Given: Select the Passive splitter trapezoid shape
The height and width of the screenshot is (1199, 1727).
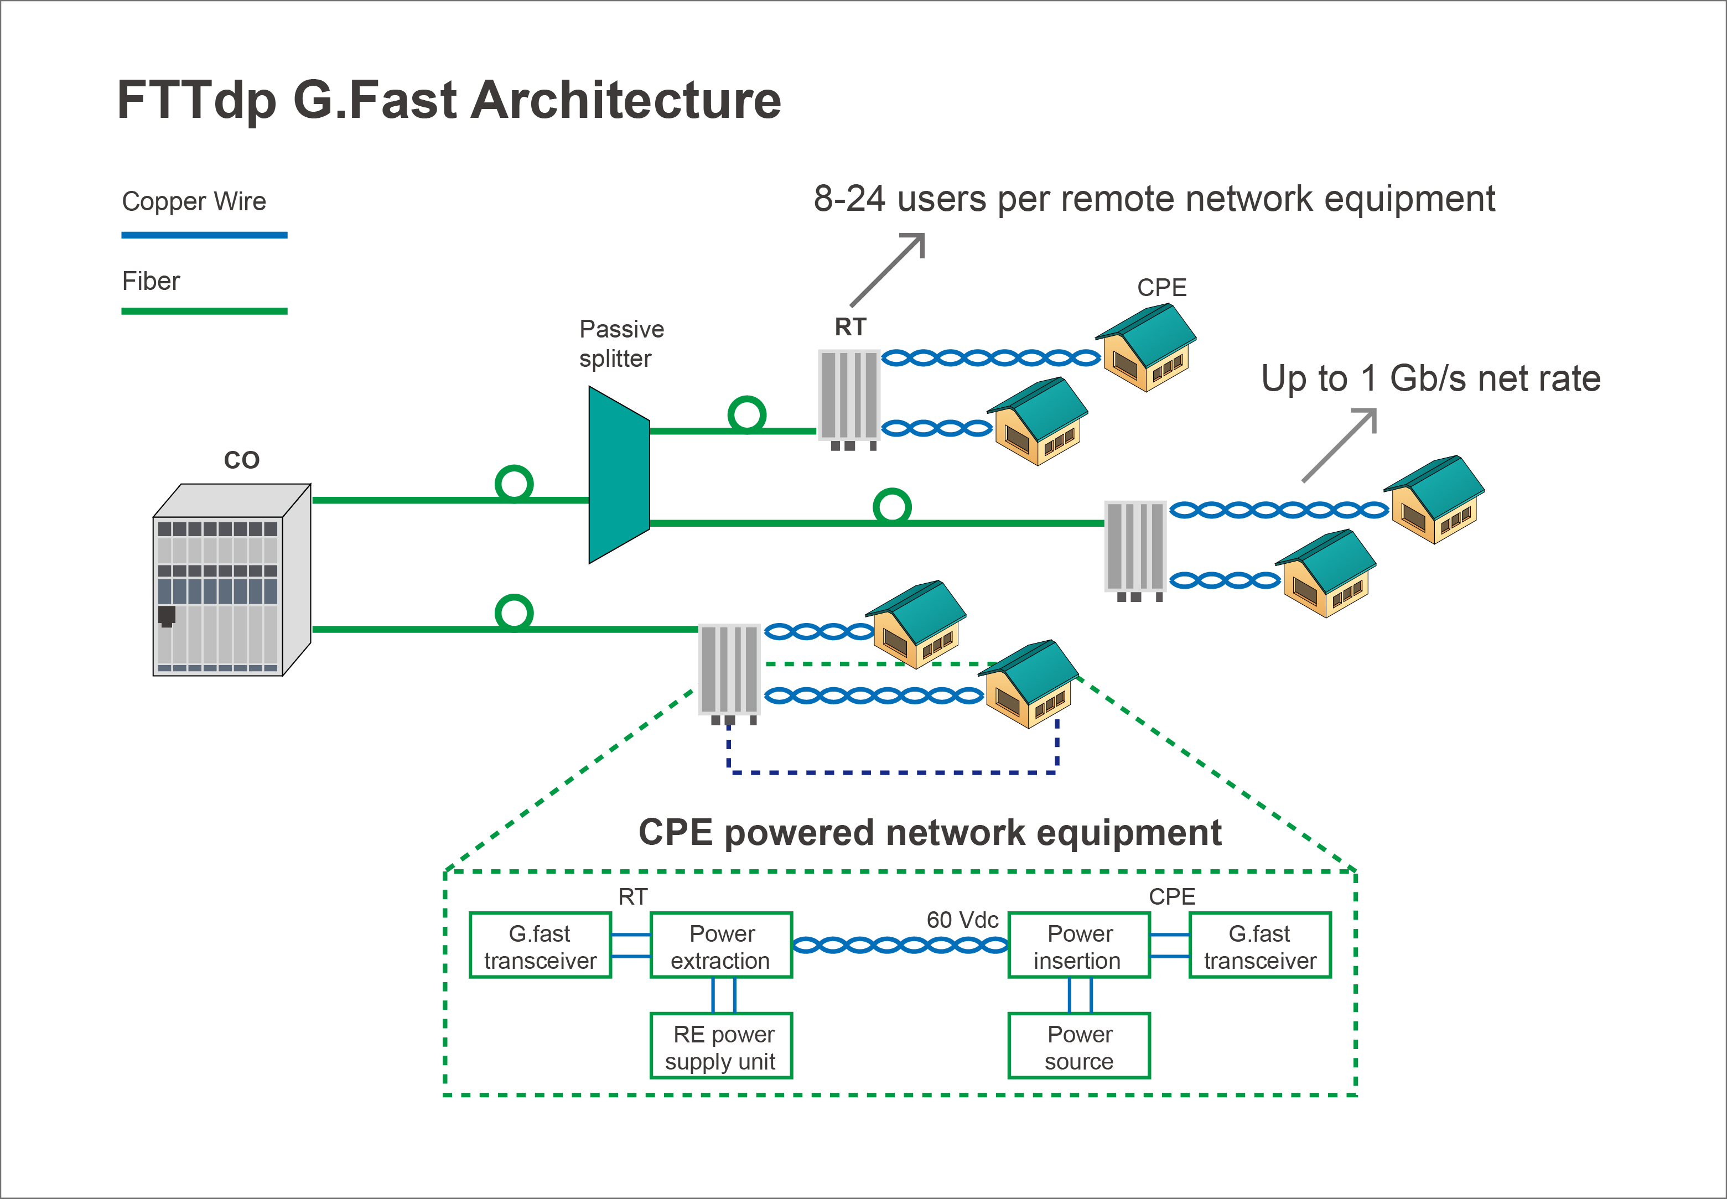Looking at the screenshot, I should (x=618, y=475).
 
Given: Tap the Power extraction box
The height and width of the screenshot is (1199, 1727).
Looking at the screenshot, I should (x=720, y=946).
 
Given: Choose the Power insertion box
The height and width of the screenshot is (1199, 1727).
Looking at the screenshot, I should (x=1078, y=946).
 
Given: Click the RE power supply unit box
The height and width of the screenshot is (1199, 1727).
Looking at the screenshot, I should (x=720, y=1046).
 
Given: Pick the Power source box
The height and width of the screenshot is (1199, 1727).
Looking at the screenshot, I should (x=1078, y=1046).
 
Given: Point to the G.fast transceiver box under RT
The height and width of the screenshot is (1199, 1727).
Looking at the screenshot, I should (x=540, y=946).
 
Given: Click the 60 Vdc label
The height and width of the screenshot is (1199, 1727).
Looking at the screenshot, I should (x=962, y=920).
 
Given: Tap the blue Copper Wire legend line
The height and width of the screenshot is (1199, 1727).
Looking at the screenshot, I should (x=204, y=235).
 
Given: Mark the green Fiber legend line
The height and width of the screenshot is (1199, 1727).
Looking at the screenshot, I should (x=204, y=311).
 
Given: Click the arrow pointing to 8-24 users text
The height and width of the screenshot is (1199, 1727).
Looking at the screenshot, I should (x=888, y=269).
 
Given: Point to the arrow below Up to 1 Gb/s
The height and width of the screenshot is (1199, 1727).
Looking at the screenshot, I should (x=1340, y=445).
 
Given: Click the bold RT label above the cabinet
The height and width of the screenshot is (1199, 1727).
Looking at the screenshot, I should (x=850, y=327).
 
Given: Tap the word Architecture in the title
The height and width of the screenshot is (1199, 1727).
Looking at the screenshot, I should (x=626, y=100).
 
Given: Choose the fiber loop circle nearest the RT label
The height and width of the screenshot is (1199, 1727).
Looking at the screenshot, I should (x=746, y=414).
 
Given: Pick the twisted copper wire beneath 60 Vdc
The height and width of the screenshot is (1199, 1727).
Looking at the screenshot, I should (x=900, y=946).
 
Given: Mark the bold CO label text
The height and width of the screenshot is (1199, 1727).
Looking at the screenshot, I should (x=241, y=460).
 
